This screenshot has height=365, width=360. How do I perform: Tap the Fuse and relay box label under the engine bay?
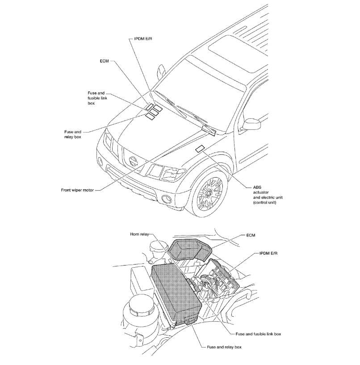(224, 347)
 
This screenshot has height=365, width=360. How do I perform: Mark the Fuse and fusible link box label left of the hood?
(96, 98)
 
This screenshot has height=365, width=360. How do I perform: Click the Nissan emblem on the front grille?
(132, 160)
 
